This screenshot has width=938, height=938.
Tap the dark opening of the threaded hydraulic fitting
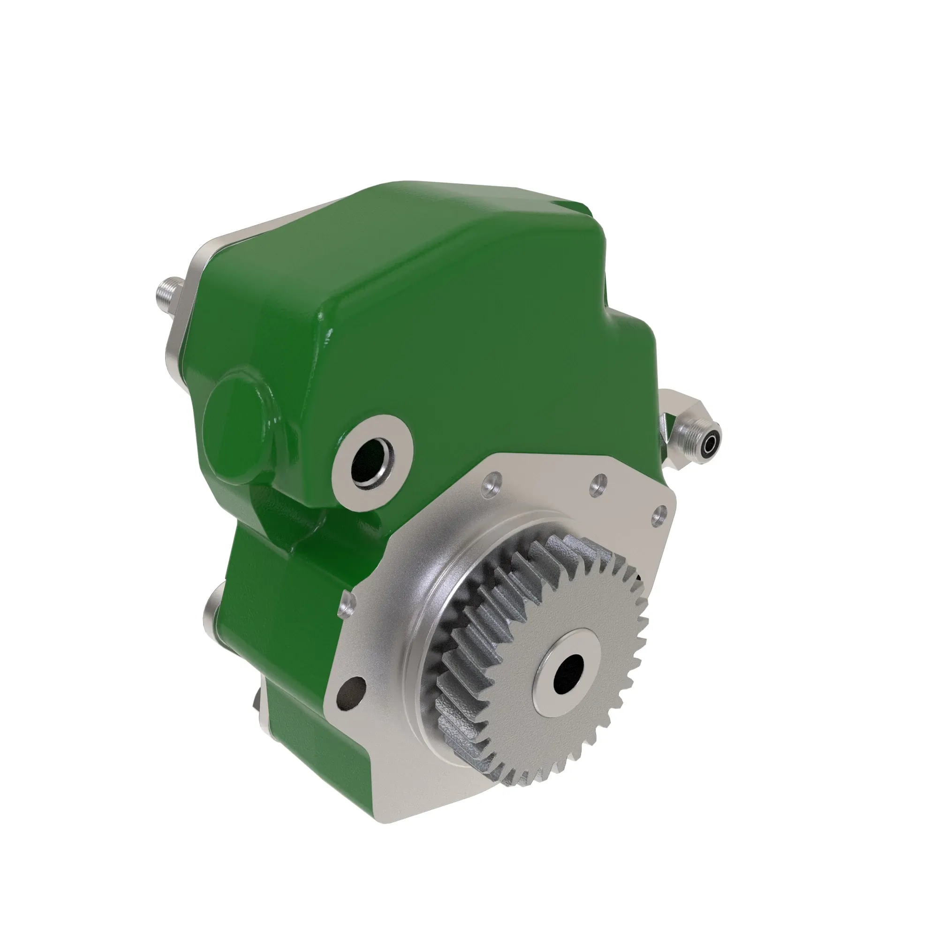(x=711, y=443)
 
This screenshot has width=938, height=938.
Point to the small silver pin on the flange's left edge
(x=347, y=607)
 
